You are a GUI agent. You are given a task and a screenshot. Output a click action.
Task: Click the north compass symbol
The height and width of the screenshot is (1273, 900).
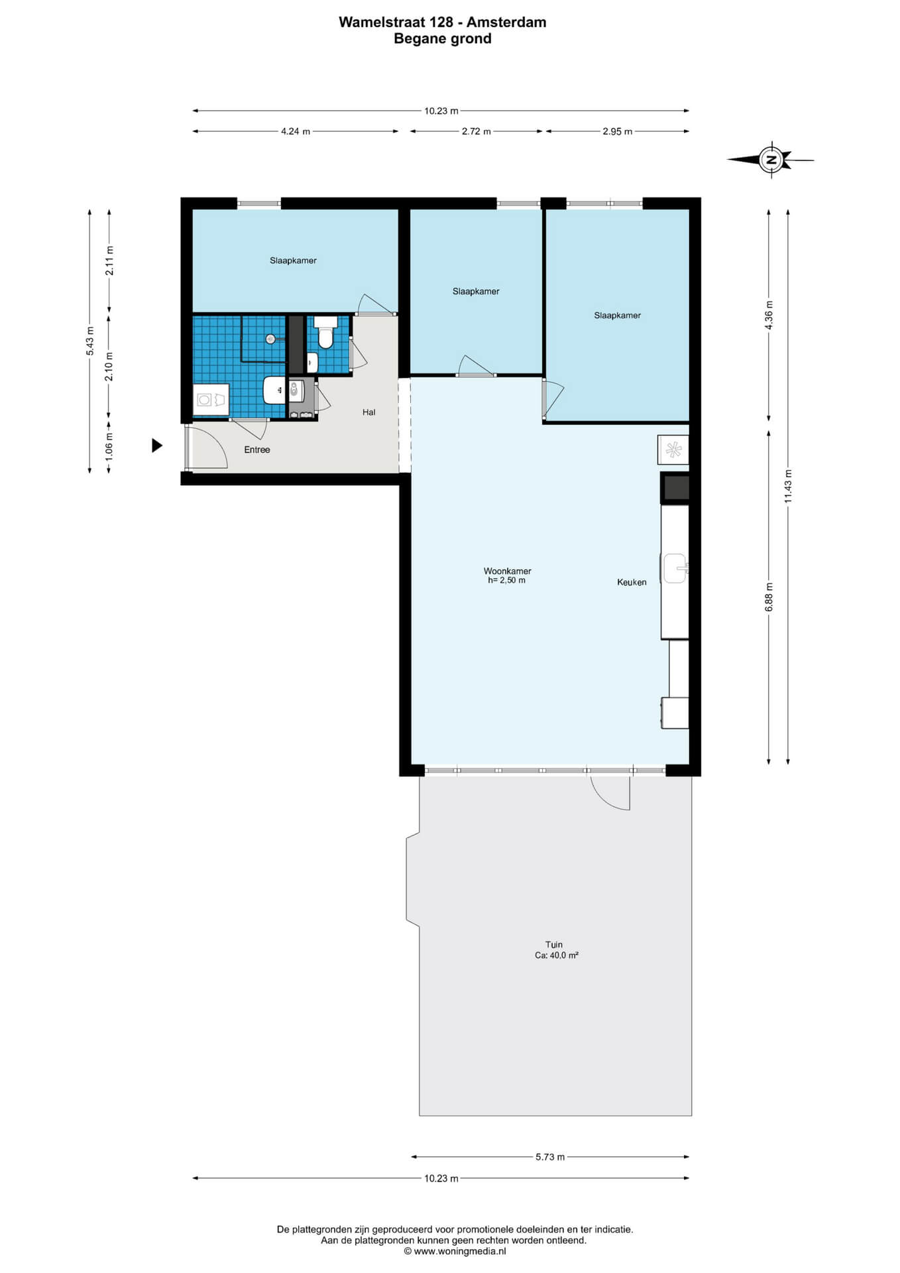pyautogui.click(x=770, y=160)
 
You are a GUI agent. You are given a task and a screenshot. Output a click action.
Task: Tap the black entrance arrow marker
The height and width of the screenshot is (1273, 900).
pyautogui.click(x=157, y=446)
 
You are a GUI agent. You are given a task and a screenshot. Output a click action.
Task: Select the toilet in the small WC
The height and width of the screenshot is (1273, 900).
pyautogui.click(x=325, y=332)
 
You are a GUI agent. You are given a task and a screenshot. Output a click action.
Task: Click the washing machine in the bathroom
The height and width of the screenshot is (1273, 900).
pyautogui.click(x=211, y=400)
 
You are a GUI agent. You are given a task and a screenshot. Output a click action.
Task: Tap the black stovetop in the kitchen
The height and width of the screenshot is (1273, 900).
pyautogui.click(x=676, y=488)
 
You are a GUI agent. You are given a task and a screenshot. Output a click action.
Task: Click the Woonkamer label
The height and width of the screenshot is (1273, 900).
pyautogui.click(x=507, y=571)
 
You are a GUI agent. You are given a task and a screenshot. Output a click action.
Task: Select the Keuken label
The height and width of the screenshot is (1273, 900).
pyautogui.click(x=632, y=582)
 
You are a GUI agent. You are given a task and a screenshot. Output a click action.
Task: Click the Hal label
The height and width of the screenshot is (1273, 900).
pyautogui.click(x=369, y=412)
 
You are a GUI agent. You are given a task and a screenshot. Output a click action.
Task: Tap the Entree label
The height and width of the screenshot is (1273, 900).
pyautogui.click(x=257, y=450)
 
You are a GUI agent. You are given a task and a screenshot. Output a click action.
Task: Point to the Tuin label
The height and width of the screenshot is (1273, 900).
pyautogui.click(x=554, y=945)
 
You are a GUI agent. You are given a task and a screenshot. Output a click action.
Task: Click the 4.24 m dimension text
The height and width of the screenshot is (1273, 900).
pyautogui.click(x=296, y=131)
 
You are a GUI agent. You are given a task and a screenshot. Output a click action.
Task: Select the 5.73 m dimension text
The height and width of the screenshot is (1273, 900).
pyautogui.click(x=550, y=1157)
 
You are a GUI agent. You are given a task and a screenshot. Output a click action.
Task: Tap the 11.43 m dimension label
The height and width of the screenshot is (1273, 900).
pyautogui.click(x=788, y=486)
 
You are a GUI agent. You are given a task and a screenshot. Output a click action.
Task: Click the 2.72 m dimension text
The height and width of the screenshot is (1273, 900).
pyautogui.click(x=477, y=131)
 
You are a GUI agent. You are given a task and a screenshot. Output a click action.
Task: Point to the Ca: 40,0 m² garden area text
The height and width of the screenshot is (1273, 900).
pyautogui.click(x=557, y=955)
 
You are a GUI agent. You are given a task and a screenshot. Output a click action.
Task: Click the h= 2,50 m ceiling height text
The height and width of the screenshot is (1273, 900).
pyautogui.click(x=507, y=580)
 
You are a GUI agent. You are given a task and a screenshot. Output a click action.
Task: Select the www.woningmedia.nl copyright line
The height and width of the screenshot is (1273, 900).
pyautogui.click(x=455, y=1251)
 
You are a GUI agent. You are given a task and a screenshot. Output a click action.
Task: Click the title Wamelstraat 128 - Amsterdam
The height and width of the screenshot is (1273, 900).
pyautogui.click(x=443, y=22)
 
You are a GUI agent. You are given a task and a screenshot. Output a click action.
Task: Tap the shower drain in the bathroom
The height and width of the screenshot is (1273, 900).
pyautogui.click(x=270, y=339)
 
